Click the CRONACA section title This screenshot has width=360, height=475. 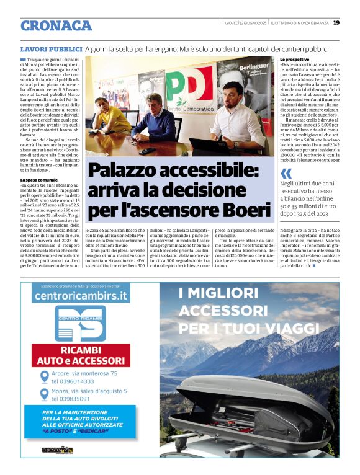[56, 26]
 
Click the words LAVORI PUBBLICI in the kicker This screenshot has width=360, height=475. [51, 48]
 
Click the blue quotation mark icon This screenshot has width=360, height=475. [286, 173]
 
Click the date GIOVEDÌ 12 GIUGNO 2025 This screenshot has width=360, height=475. [246, 23]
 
